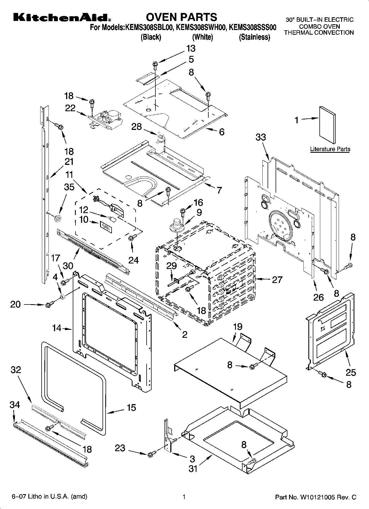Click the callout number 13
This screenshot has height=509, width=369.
coord(191,48)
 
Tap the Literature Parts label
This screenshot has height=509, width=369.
coord(330,149)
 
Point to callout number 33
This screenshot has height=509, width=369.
coord(260,137)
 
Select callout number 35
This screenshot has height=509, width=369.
coord(69,187)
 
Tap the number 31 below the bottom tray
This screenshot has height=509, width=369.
coord(193,468)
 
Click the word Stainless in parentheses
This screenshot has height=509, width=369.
coord(254,37)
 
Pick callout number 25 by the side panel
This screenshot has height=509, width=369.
coord(351,372)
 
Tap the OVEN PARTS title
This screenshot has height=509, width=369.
coord(181,17)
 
